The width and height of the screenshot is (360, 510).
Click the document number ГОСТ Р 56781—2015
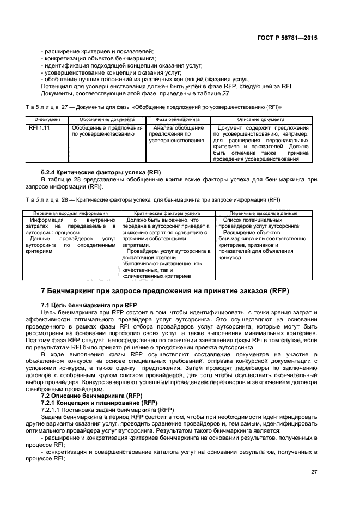pyautogui.click(x=286, y=38)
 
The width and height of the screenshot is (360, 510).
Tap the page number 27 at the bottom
pyautogui.click(x=314, y=472)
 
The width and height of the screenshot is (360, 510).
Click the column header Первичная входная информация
pyautogui.click(x=70, y=213)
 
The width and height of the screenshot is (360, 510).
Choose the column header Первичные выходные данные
pyautogui.click(x=263, y=213)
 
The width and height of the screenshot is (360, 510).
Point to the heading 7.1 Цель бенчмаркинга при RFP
pyautogui.click(x=89, y=303)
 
